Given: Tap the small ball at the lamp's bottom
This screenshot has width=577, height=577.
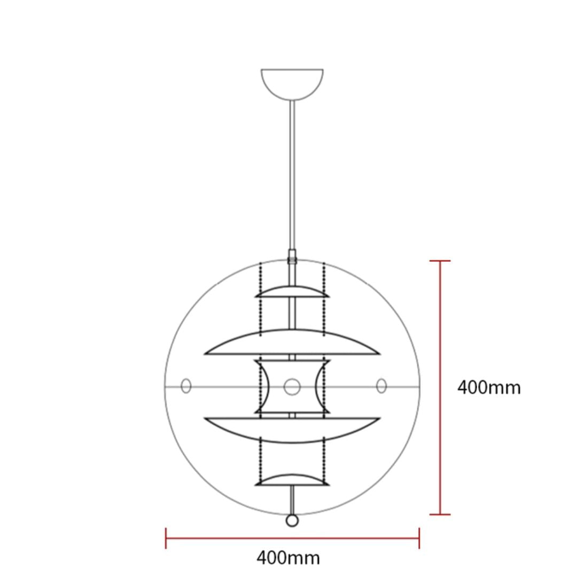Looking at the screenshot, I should tap(292, 520).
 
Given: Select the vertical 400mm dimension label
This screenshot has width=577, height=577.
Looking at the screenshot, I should tap(488, 387).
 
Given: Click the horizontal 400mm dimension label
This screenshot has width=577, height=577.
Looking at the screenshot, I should tap(288, 558).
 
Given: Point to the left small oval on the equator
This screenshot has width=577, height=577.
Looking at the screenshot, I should tap(186, 386).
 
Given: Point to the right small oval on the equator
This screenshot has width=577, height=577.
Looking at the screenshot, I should tap(381, 386).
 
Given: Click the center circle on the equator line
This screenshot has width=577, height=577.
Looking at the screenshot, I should tap(292, 386).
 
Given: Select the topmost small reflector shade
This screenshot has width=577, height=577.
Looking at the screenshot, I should tap(292, 292).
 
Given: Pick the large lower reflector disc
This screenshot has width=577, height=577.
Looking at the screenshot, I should tap(292, 430).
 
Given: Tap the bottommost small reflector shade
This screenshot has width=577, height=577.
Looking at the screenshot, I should tap(292, 479).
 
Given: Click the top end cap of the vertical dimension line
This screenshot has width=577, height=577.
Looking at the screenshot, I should tap(440, 261).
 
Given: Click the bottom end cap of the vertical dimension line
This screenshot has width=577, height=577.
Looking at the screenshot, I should tap(440, 514).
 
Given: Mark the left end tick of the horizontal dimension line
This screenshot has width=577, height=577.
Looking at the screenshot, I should tap(166, 538).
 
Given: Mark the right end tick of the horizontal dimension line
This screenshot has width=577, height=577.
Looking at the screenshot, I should tap(419, 538).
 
